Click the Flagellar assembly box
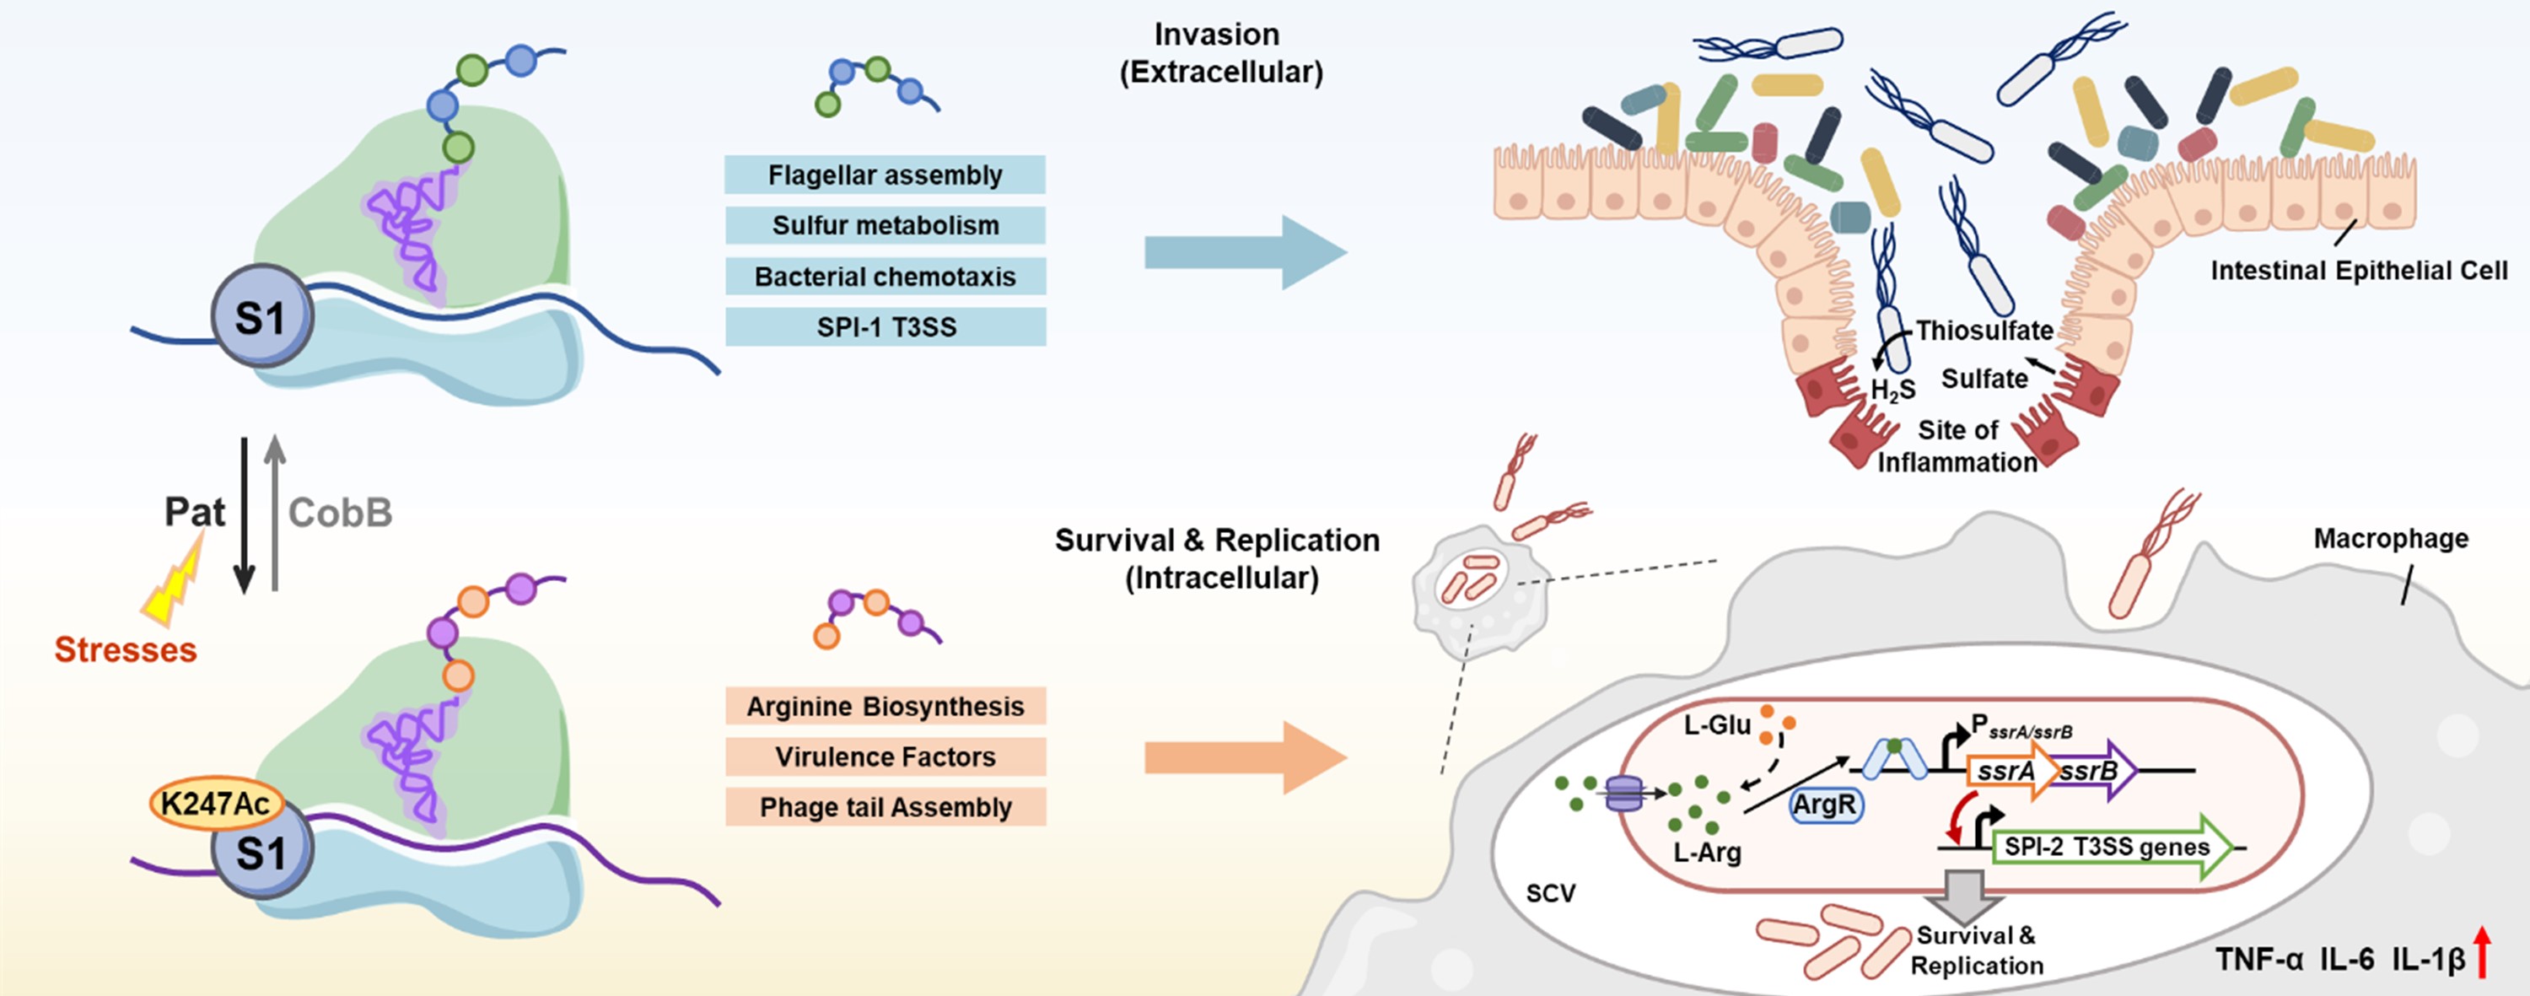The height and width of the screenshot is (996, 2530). [x=885, y=175]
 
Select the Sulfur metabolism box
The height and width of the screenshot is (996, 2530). [x=885, y=225]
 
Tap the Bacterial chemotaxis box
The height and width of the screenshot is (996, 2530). [x=885, y=276]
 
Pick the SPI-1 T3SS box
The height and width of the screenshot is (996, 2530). [x=885, y=327]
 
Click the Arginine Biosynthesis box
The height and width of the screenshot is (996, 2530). [x=885, y=706]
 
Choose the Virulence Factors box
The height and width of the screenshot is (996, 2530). [x=885, y=756]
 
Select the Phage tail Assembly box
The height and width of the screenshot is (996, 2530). [x=885, y=807]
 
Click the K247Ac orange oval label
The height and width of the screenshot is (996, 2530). [x=215, y=804]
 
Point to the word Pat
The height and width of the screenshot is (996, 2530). [x=195, y=512]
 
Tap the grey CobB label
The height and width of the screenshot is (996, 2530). [x=340, y=512]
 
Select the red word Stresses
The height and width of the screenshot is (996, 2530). [x=126, y=649]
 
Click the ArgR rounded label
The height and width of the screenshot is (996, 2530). [x=1825, y=805]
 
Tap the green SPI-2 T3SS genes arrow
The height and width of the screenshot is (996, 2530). [x=2112, y=847]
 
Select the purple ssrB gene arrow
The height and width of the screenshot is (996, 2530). [x=2097, y=771]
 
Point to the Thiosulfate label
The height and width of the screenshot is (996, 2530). [x=1984, y=330]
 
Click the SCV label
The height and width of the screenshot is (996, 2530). [x=1550, y=893]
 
